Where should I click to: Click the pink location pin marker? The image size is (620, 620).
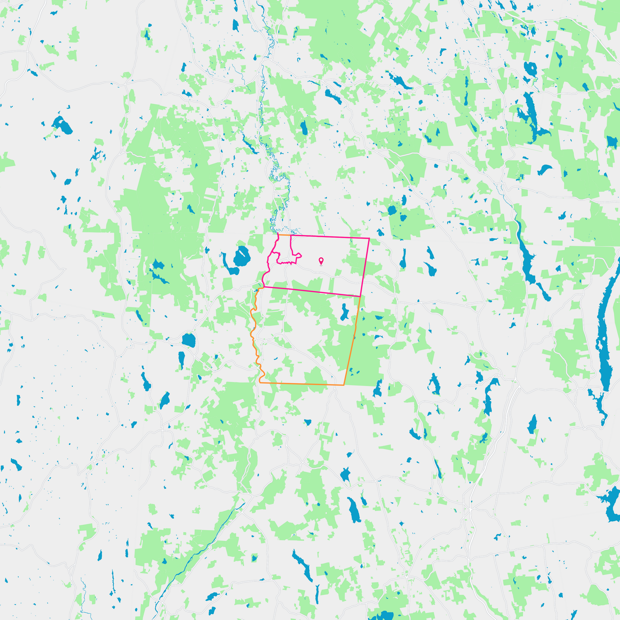click(x=321, y=261)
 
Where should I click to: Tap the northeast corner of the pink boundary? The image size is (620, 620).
click(x=369, y=238)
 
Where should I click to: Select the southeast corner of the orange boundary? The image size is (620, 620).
click(x=344, y=385)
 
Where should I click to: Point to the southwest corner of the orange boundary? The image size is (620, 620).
click(x=260, y=382)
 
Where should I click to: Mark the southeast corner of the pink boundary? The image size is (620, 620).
click(x=360, y=296)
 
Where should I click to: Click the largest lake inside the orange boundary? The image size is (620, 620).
click(x=344, y=313)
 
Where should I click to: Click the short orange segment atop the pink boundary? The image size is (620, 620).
click(x=284, y=235)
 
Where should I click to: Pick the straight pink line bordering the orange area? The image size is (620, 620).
click(x=312, y=291)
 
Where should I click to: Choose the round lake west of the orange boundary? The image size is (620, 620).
click(x=189, y=340)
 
